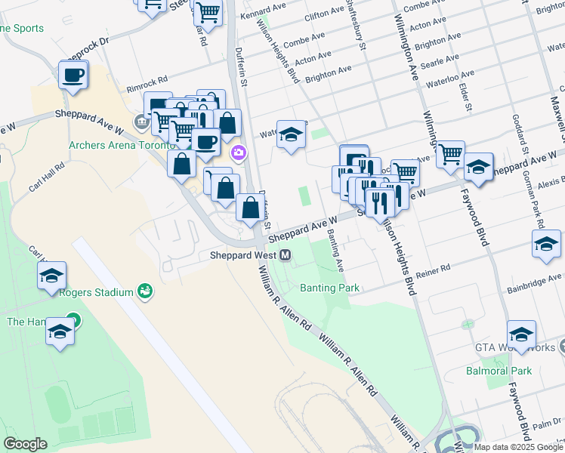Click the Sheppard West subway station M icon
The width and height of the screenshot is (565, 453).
pos(286,255)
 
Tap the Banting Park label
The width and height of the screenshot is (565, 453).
pos(330,288)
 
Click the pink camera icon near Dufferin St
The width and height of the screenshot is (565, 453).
pos(239,153)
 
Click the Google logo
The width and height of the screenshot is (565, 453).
pos(25,444)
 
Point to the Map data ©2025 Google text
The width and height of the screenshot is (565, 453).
pos(517,447)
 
